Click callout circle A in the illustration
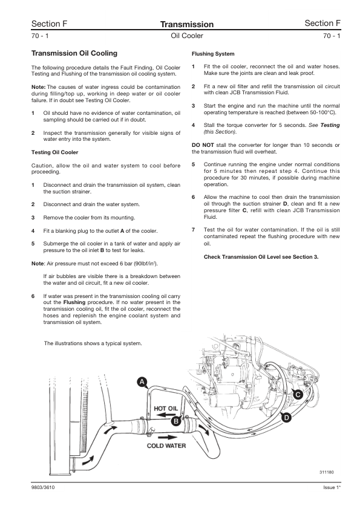(142, 382)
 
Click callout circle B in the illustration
(176, 421)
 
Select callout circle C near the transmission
(298, 395)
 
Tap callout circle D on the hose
(286, 418)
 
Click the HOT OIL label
(166, 408)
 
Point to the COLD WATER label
(166, 446)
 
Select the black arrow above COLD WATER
(169, 437)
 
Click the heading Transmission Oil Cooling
(74, 53)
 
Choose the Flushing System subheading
(213, 54)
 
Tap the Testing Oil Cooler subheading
(54, 152)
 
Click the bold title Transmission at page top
(187, 24)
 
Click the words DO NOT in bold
(203, 145)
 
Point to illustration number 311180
(326, 472)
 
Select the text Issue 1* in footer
(332, 488)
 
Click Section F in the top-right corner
(322, 24)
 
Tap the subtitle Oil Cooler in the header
(187, 36)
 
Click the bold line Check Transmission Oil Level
(261, 257)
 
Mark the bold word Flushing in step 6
(74, 302)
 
